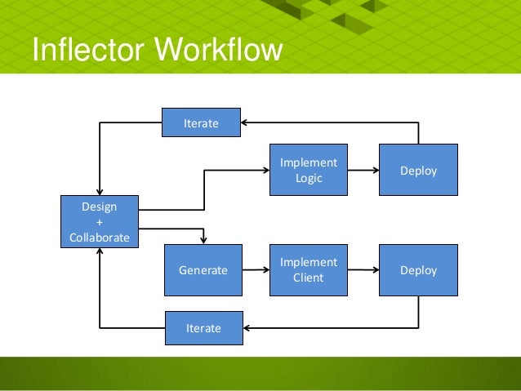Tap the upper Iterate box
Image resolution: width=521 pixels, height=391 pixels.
(201, 123)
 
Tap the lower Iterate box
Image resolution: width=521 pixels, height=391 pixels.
(203, 327)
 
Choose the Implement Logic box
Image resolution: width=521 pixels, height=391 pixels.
(309, 170)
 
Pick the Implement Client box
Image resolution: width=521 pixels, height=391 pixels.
(309, 269)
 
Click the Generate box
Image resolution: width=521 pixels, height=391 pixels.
(203, 269)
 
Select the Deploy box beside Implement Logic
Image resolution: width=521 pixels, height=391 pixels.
(418, 171)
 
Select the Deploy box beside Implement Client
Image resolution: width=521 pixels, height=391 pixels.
(418, 269)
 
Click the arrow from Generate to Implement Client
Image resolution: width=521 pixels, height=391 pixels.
(256, 269)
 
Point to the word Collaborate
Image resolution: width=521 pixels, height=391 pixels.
(100, 236)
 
